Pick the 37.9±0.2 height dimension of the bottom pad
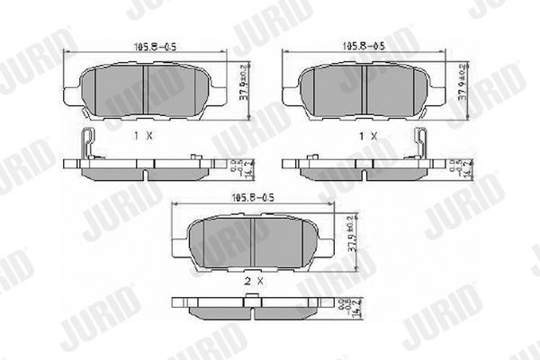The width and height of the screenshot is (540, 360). coord(353,239)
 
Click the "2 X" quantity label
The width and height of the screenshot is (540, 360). coord(255,281)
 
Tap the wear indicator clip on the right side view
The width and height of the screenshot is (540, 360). coord(419,144)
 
